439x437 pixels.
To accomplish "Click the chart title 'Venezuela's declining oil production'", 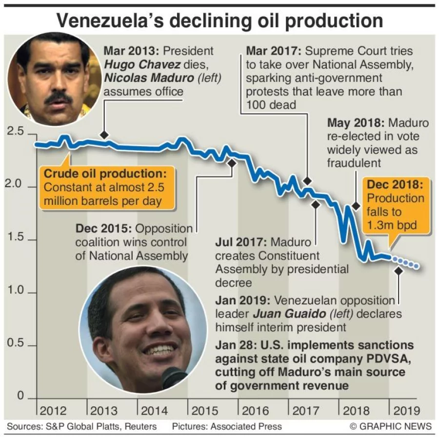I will tap(219, 20).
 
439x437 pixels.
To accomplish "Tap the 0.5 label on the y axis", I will tap(15, 343).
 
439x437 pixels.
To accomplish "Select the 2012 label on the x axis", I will tap(53, 411).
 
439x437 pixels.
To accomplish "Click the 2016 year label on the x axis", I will tap(255, 411).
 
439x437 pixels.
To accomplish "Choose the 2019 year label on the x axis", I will tap(406, 411).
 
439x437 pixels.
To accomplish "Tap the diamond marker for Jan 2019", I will tap(399, 270).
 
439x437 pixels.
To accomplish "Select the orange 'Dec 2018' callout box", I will tap(396, 205).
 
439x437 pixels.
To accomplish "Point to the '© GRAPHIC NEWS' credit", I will tap(390, 426).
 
